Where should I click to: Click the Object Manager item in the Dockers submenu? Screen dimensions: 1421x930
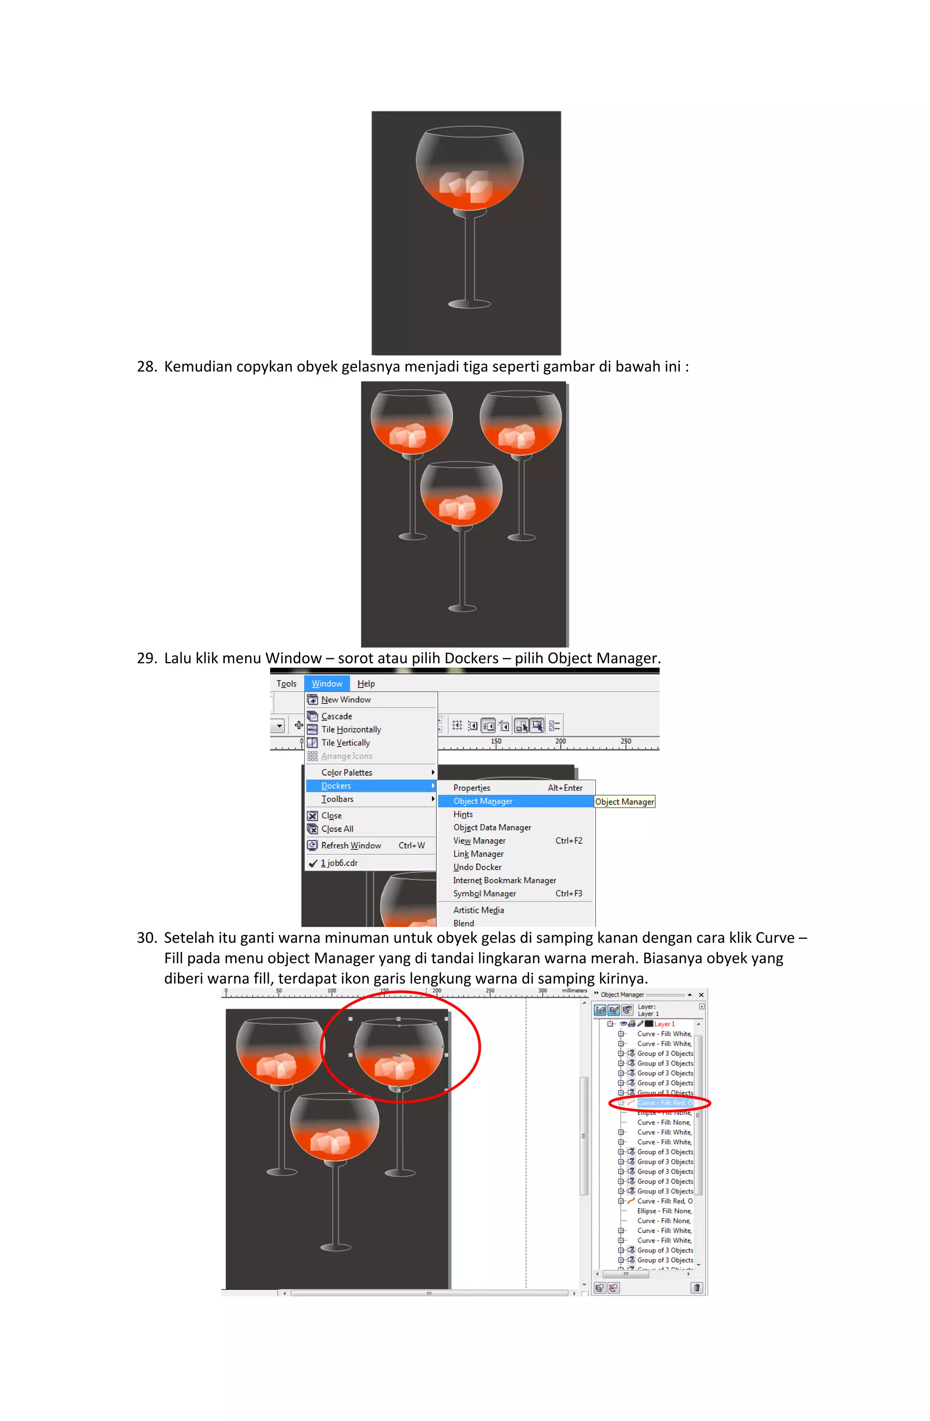point(482,801)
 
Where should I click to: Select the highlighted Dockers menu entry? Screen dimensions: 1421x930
point(336,786)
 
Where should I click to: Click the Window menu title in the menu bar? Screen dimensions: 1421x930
point(326,683)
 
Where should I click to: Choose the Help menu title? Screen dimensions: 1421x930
point(366,683)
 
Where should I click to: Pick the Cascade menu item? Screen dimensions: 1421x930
point(336,716)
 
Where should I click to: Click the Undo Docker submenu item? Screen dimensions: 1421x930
point(477,867)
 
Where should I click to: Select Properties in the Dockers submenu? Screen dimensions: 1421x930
point(471,788)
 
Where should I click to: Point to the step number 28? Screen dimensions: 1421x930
point(146,366)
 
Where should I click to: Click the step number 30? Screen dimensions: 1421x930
point(146,938)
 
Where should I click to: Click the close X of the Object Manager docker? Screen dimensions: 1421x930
point(702,995)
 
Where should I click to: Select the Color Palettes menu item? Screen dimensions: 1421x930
point(346,772)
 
